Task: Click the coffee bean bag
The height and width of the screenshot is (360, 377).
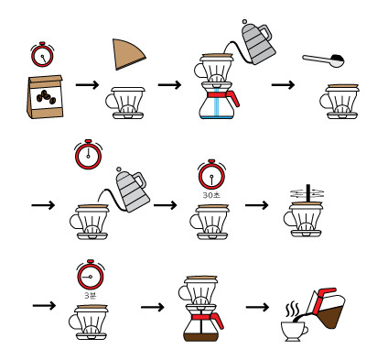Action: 45,97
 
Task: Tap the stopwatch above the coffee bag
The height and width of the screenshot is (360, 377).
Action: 42,55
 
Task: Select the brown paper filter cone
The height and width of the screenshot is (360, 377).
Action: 127,54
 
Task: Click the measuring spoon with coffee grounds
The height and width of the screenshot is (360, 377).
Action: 324,60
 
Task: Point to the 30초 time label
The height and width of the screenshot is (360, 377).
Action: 211,195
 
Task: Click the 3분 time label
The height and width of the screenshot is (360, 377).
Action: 91,295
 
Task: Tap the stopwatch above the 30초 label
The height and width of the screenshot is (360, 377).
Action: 211,174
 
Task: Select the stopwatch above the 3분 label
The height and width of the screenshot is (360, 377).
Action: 91,275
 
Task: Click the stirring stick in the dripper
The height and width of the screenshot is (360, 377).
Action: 308,193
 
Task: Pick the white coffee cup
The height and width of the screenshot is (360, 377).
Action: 294,331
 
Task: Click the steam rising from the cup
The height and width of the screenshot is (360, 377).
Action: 293,310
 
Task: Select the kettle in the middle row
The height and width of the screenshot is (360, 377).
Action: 132,190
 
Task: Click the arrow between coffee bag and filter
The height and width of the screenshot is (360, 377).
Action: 87,84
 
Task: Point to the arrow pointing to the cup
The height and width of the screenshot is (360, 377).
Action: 257,307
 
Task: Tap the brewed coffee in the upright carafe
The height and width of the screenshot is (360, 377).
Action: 201,337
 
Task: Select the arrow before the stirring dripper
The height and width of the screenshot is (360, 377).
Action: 257,205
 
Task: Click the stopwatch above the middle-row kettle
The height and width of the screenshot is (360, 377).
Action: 88,154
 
